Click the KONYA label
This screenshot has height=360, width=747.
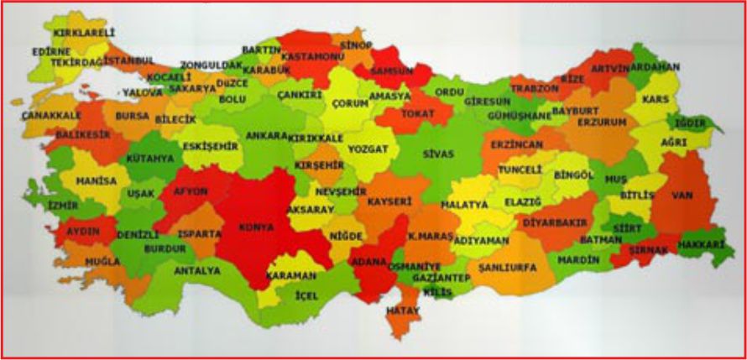click(257, 227)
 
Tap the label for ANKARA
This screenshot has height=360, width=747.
click(266, 135)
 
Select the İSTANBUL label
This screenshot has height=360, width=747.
click(128, 61)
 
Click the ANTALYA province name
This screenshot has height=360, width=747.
click(196, 271)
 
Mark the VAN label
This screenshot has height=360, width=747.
click(682, 196)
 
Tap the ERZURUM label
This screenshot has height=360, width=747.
click(602, 122)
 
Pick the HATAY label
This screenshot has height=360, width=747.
click(401, 310)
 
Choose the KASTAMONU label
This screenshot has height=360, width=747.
click(313, 55)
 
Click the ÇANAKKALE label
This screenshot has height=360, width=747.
click(51, 115)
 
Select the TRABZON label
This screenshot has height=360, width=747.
click(534, 88)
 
